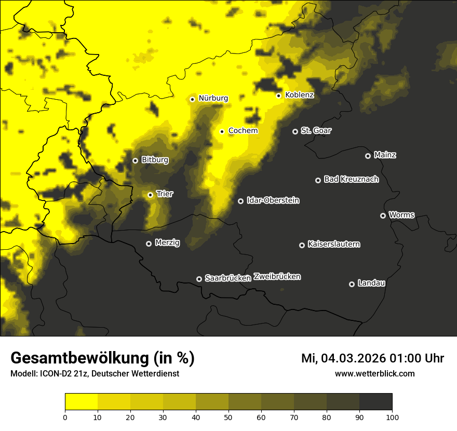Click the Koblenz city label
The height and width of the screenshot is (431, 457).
tap(300, 95)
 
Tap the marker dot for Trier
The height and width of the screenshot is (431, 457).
tap(151, 195)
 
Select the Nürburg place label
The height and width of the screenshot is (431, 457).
tap(213, 98)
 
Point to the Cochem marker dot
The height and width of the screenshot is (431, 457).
tap(222, 131)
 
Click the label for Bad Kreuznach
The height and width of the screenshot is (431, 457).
tap(351, 179)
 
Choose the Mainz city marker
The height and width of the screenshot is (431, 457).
tap(368, 156)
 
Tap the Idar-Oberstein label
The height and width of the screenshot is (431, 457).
tap(273, 200)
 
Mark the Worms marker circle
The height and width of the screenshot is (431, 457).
tap(383, 216)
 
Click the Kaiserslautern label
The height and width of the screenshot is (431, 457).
tap(333, 244)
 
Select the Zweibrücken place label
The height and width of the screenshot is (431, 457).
tap(277, 277)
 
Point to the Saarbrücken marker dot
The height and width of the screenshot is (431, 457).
tap(199, 279)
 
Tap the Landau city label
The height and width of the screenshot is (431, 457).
tap(371, 283)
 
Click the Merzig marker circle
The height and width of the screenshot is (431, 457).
tap(149, 244)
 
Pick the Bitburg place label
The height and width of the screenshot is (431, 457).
tap(155, 160)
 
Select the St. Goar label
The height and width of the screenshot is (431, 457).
tap(316, 130)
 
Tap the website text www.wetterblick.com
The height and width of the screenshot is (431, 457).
tap(374, 373)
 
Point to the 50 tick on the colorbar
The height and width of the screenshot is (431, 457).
tap(228, 416)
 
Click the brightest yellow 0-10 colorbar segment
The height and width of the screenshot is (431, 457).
tap(81, 402)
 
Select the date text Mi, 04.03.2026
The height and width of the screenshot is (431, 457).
tap(343, 358)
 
